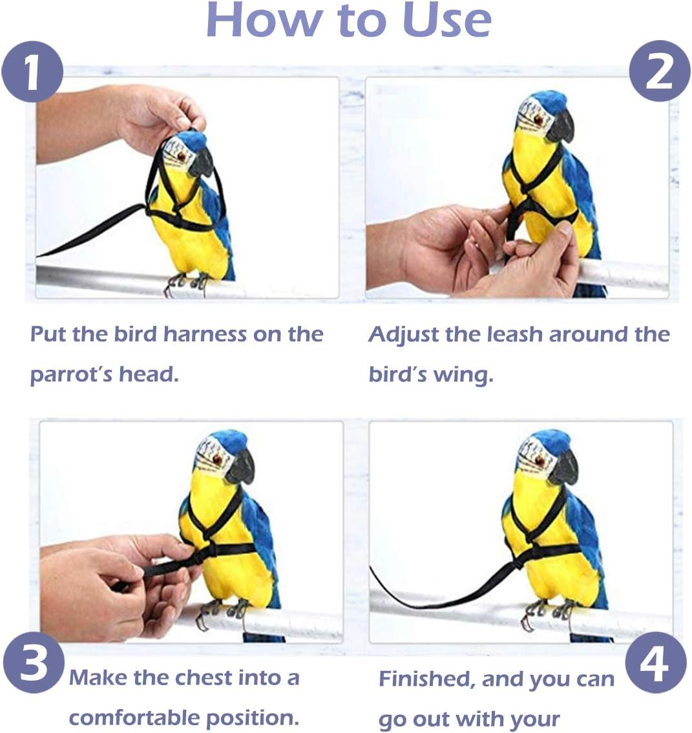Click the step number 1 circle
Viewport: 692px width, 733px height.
point(32,71)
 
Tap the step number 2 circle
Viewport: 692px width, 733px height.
point(659,71)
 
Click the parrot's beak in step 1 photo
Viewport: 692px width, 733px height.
point(202,163)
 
